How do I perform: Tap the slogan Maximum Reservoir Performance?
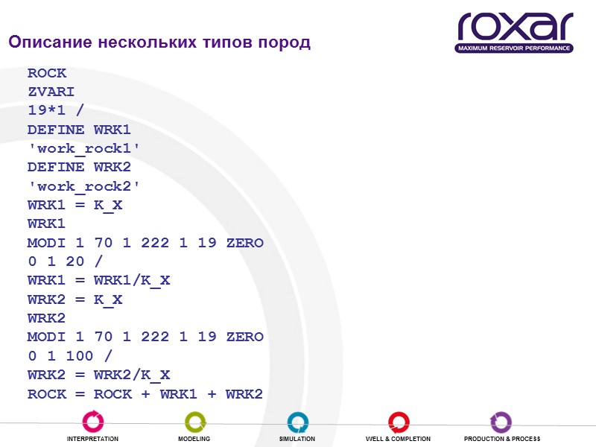(515, 48)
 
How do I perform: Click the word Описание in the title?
(51, 42)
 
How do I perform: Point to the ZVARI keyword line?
(51, 92)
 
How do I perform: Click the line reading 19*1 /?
(55, 111)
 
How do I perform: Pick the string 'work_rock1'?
(83, 148)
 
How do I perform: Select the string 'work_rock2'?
(83, 186)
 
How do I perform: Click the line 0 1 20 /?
(65, 261)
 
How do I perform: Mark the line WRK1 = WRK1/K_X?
(98, 280)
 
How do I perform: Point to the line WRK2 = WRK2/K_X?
(98, 374)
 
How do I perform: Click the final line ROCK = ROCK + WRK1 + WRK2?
(145, 393)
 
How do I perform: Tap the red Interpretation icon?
(93, 422)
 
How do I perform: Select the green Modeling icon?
(194, 422)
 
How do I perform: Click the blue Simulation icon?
(297, 422)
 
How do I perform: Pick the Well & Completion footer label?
(398, 439)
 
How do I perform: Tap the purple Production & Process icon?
(501, 422)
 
